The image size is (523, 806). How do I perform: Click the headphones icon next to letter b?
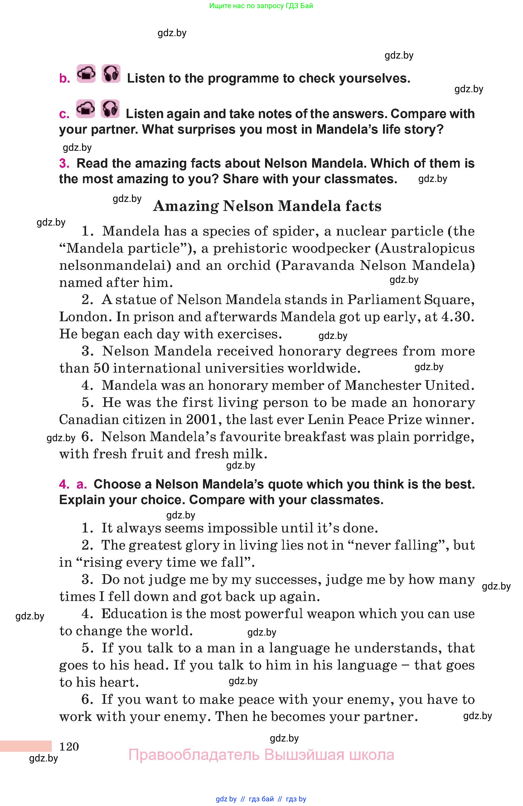point(111,74)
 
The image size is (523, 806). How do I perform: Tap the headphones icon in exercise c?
point(110,109)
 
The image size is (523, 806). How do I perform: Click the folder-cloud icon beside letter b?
point(86,74)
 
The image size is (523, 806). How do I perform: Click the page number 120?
point(69,746)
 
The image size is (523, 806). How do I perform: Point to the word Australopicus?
point(427,248)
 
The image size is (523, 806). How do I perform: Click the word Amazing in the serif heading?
point(186,206)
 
